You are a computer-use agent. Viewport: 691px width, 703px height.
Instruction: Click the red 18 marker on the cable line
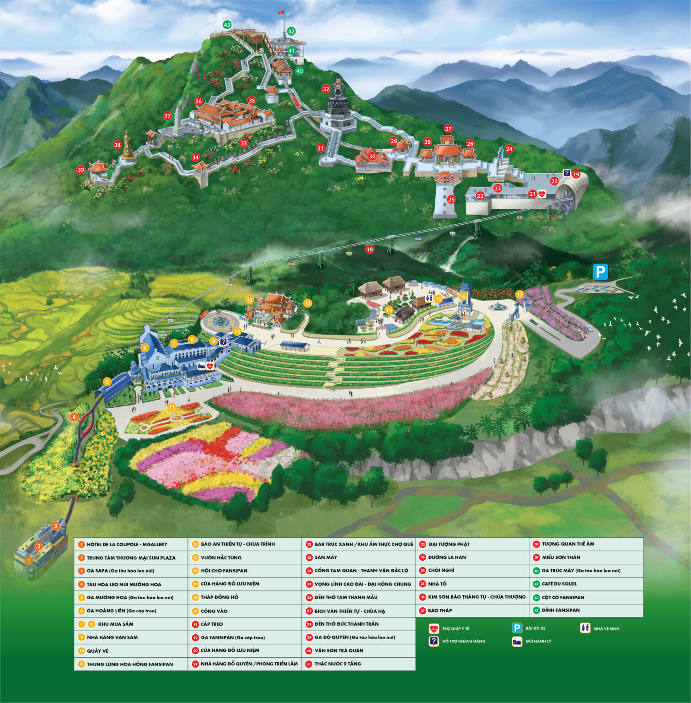[x=370, y=249]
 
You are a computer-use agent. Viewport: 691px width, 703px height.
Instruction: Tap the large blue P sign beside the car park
[x=600, y=272]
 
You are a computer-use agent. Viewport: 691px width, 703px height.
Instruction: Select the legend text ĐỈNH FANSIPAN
[x=561, y=610]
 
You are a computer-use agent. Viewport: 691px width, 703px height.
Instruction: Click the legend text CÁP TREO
[x=212, y=624]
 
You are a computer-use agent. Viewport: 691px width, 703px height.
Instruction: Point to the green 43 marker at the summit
[x=227, y=25]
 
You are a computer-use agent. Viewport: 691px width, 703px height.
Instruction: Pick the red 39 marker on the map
[x=81, y=170]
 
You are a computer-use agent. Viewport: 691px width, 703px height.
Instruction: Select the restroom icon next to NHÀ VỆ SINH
[x=585, y=628]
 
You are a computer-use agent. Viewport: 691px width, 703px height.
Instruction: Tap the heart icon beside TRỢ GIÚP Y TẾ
[x=434, y=629]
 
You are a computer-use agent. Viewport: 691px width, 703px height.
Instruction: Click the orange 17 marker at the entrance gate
[x=519, y=295]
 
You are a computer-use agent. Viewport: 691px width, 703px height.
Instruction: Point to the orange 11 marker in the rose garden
[x=172, y=407]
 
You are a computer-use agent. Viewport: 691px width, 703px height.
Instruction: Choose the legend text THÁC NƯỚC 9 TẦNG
[x=337, y=664]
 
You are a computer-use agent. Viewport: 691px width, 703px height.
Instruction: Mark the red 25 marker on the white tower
[x=451, y=200]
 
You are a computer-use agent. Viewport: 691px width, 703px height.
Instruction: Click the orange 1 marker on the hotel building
[x=28, y=560]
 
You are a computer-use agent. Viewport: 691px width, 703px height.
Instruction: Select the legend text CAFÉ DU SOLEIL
[x=559, y=584]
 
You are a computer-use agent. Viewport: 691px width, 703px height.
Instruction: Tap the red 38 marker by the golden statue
[x=118, y=145]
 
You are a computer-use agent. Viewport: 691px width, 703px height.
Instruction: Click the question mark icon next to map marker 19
[x=567, y=173]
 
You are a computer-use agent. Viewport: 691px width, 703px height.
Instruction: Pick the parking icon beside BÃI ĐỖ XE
[x=517, y=628]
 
